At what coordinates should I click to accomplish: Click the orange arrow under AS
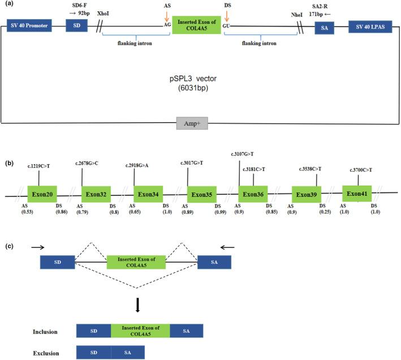click(167, 14)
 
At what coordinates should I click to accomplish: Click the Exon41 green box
click(357, 194)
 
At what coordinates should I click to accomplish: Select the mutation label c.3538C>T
click(312, 169)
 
